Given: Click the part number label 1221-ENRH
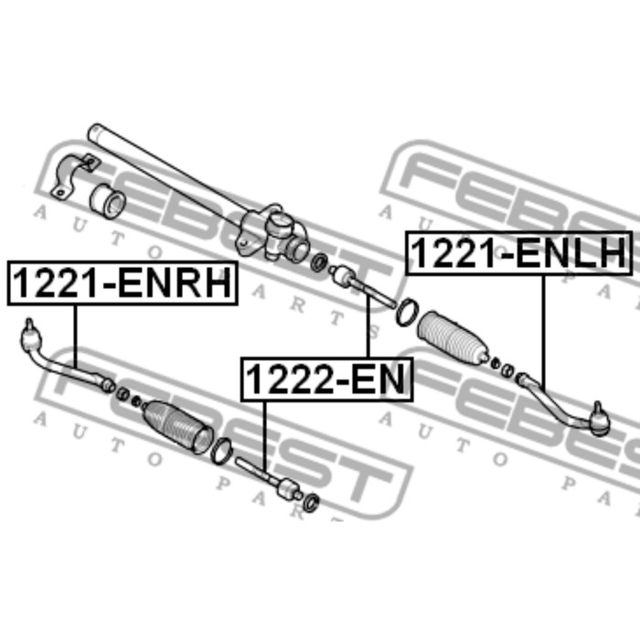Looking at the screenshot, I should click(122, 283).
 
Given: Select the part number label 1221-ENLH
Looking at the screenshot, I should click(518, 253).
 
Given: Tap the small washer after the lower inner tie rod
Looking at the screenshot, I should click(312, 500).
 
